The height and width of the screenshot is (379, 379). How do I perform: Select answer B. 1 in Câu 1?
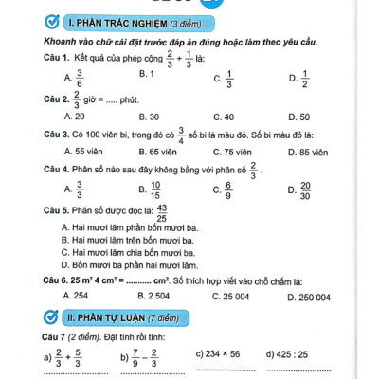coord(147,73)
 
